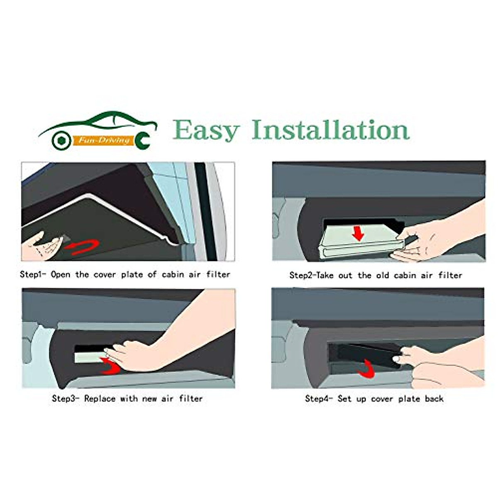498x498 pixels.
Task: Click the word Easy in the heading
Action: (x=206, y=130)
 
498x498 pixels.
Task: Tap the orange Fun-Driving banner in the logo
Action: (x=104, y=140)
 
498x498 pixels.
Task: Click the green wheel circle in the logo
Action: (x=61, y=141)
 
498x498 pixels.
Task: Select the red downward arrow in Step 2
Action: (x=357, y=233)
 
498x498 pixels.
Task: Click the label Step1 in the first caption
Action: (x=34, y=274)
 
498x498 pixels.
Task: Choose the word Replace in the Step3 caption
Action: (x=100, y=398)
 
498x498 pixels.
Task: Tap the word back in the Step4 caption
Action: (x=434, y=398)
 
